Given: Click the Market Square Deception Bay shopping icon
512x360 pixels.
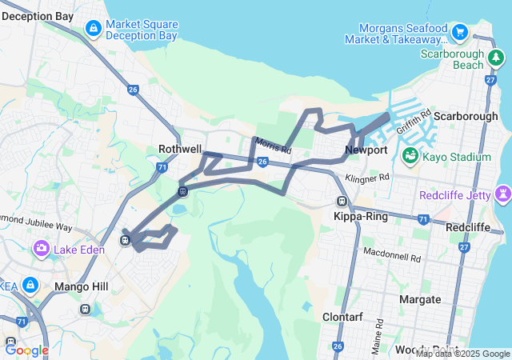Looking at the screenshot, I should (x=94, y=30).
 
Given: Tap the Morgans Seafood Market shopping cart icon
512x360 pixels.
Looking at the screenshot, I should (x=459, y=33).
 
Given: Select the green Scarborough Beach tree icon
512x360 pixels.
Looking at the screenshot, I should (x=496, y=58).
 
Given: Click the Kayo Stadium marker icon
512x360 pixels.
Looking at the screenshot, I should (x=411, y=156).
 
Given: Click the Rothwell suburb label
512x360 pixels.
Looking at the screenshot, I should (x=180, y=149).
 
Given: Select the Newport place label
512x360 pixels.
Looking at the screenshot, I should (x=366, y=150).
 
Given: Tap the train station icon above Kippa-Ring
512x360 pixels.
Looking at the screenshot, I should (x=342, y=202).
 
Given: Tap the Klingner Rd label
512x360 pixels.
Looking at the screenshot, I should (x=367, y=177).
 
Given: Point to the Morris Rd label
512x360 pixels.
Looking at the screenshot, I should (x=274, y=146).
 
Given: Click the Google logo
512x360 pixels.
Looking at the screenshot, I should (x=26, y=350).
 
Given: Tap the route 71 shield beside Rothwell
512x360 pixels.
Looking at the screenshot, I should (x=162, y=167).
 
